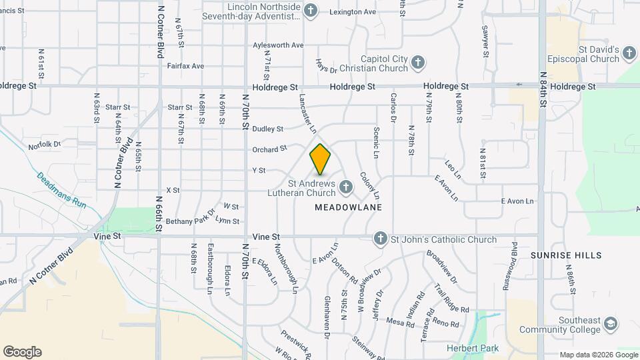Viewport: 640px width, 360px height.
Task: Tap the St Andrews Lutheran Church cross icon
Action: [345, 187]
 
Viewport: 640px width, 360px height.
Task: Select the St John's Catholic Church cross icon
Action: [380, 239]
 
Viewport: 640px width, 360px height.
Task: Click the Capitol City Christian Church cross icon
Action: [417, 63]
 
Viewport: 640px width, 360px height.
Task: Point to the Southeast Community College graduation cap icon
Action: [610, 325]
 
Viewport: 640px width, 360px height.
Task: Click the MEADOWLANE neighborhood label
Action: [348, 207]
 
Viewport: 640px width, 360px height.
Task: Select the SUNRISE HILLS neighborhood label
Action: [566, 255]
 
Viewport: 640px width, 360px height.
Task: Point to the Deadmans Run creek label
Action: [61, 191]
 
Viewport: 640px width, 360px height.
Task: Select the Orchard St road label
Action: [269, 149]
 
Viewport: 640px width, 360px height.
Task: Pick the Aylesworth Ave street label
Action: [278, 45]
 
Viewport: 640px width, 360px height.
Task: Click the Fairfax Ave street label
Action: [185, 66]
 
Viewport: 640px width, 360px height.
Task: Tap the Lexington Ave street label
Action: [352, 12]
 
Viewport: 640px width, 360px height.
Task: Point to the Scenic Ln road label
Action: [377, 143]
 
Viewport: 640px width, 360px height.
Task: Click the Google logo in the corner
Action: [22, 351]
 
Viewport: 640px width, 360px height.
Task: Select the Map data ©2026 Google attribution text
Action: [598, 355]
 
